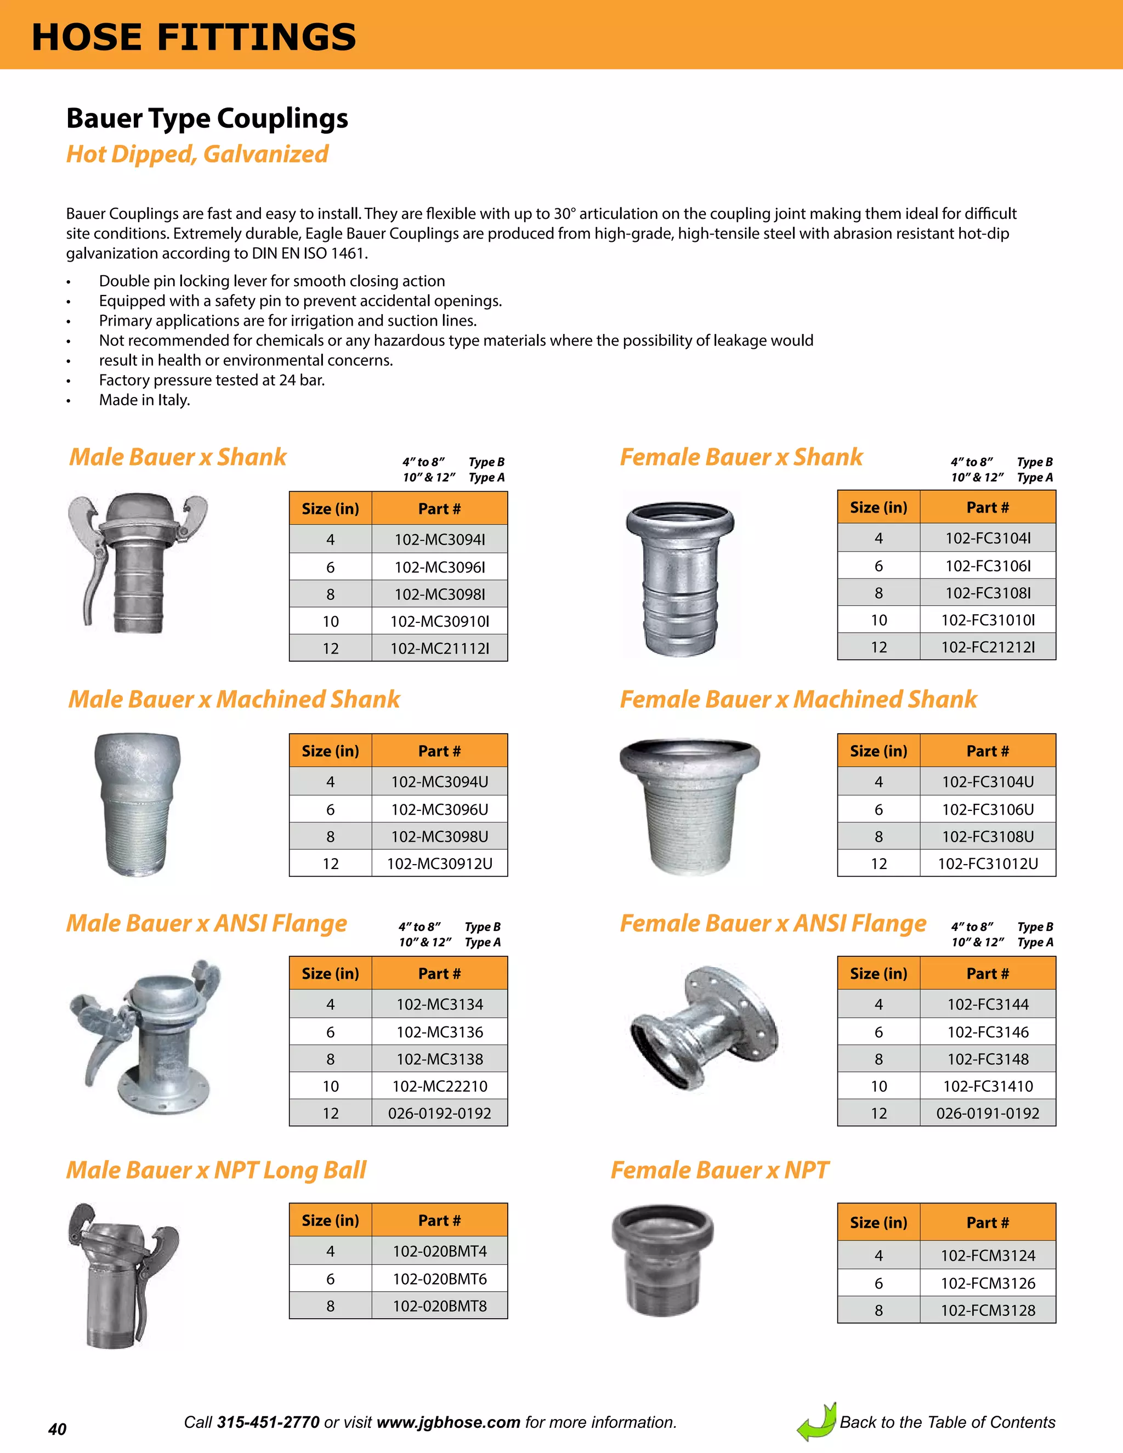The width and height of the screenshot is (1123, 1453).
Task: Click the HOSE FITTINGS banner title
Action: pos(194,37)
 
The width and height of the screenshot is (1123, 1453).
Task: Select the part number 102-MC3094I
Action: pos(439,540)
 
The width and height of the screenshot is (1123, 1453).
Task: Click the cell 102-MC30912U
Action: pos(439,864)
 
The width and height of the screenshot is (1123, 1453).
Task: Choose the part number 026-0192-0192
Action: pos(439,1113)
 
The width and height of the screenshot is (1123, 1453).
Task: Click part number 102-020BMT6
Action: pos(439,1279)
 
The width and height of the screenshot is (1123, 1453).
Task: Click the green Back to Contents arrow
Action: pos(816,1422)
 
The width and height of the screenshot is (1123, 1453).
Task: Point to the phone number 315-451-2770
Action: pos(268,1422)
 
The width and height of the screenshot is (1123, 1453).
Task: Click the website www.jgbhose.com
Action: pos(448,1422)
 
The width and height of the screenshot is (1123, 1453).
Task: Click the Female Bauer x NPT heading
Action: pos(719,1170)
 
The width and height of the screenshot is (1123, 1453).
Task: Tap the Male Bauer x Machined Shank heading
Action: pos(234,699)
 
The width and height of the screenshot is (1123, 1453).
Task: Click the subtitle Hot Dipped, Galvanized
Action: pos(197,155)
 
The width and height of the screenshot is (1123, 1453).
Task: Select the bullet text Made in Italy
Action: pos(144,400)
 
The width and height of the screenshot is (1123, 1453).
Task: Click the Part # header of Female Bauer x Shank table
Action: pos(987,508)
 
